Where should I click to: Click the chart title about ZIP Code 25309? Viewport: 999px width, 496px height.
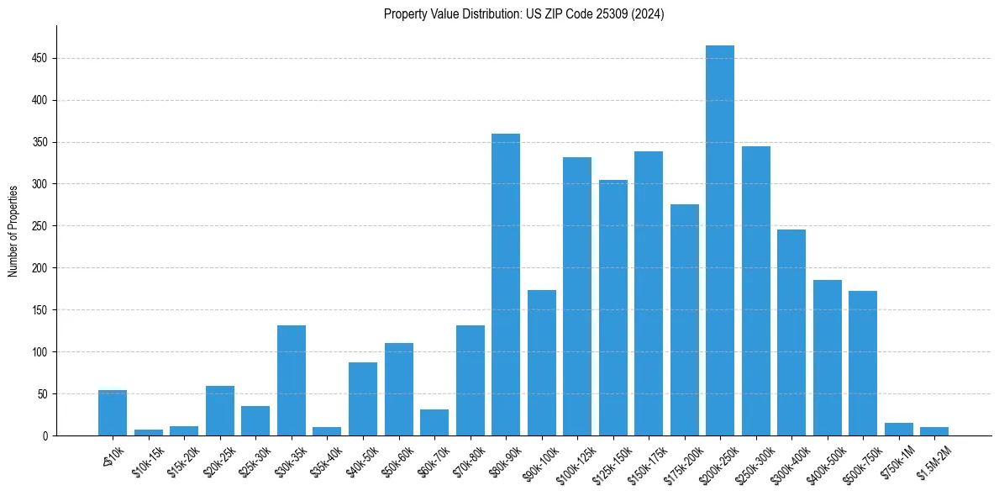tap(523, 14)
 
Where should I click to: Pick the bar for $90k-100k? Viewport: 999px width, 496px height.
tap(542, 362)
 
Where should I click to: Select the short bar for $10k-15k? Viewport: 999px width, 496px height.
tap(149, 432)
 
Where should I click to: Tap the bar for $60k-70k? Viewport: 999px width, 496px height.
tap(434, 422)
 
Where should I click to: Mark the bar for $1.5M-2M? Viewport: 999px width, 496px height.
tap(934, 431)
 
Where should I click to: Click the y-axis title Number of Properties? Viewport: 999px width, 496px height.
tap(13, 230)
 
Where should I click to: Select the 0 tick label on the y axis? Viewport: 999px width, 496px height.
tap(47, 436)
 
